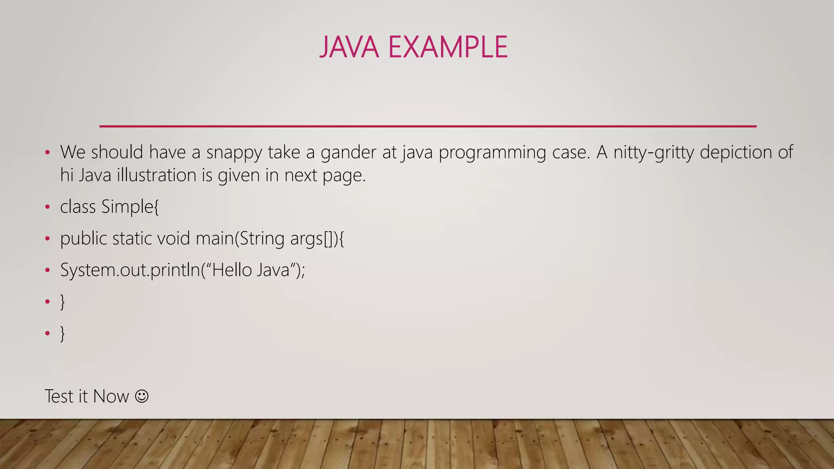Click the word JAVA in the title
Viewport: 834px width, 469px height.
point(349,47)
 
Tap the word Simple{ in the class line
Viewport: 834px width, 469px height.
point(130,207)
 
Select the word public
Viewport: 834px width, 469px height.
point(83,239)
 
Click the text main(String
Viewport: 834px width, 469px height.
point(240,239)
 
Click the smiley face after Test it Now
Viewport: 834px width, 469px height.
point(142,396)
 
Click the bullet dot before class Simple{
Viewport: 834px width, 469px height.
point(47,207)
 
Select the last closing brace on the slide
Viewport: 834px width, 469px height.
point(62,333)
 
